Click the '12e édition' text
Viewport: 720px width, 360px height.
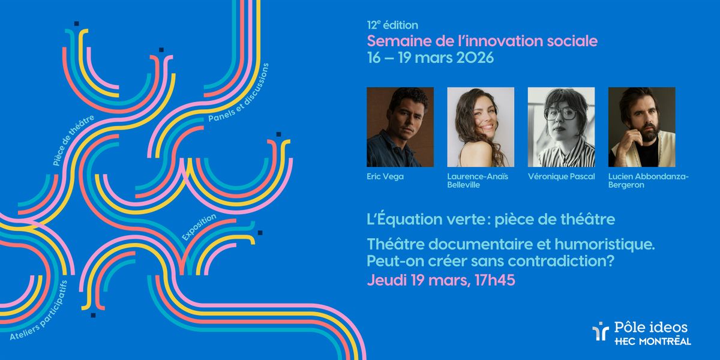[392, 25]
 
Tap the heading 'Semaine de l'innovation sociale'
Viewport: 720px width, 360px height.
[482, 41]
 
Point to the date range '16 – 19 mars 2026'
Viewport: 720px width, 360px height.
[430, 58]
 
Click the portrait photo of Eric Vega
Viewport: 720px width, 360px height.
[400, 127]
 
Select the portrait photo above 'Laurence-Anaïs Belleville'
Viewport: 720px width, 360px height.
[481, 127]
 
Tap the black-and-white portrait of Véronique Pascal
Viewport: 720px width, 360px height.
[561, 127]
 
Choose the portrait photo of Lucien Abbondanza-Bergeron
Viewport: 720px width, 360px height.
[641, 127]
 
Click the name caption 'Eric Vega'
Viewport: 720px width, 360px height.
[385, 176]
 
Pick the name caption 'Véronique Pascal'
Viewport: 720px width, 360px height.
[561, 176]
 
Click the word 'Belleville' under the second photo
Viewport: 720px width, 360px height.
[463, 185]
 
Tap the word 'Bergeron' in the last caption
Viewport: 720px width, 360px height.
[626, 185]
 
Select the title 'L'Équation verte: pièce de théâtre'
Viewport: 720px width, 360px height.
[491, 219]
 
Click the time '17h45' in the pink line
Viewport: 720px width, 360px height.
[494, 280]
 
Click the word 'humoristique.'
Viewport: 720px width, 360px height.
[605, 245]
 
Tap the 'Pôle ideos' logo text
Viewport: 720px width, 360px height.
[650, 328]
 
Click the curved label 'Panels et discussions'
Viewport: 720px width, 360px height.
[238, 93]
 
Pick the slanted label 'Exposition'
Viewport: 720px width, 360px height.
[199, 227]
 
